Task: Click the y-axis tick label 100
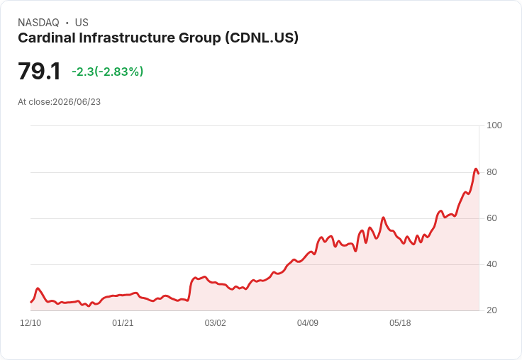point(494,125)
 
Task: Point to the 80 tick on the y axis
point(492,172)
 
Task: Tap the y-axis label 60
point(492,218)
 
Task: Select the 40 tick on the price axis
point(492,264)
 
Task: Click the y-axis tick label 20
point(492,310)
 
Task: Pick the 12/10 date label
point(30,323)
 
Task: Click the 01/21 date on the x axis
point(123,323)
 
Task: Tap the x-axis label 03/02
point(216,323)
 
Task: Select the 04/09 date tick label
point(308,323)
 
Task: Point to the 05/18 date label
point(400,323)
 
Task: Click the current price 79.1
point(39,71)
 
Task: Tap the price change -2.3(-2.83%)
point(108,72)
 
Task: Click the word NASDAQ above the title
point(38,23)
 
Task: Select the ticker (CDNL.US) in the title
point(262,38)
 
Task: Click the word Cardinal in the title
point(47,38)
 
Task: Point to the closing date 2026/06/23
point(77,102)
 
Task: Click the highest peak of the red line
point(476,169)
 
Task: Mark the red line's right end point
point(479,174)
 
